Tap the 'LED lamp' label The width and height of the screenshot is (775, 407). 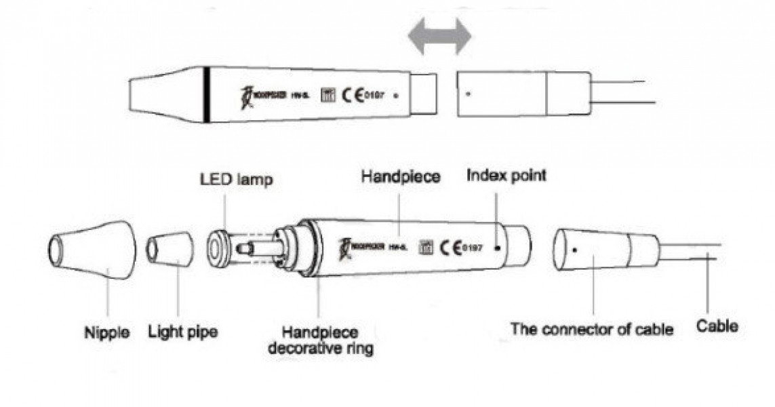coord(236,181)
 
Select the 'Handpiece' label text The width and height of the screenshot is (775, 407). coord(400,177)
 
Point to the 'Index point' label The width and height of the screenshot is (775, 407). coord(506,176)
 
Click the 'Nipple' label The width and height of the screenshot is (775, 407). coord(107,334)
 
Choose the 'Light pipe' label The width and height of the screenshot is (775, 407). coord(183,333)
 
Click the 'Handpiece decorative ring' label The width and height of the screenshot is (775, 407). coord(321,341)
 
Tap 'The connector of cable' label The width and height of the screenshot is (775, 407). coord(591,330)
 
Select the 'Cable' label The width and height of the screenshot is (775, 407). coord(717,326)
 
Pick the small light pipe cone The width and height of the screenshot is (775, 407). coord(170,249)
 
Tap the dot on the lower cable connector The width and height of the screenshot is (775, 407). coord(575,249)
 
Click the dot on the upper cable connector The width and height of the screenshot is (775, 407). coord(467,94)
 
